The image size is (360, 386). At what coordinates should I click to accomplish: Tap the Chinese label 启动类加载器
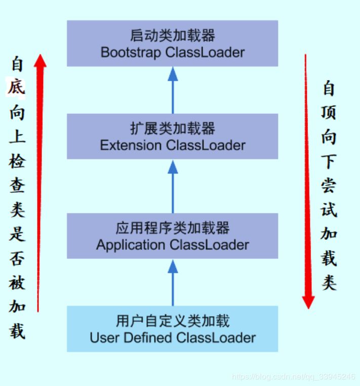(x=173, y=35)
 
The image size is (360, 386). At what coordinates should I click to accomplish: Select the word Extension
(x=131, y=145)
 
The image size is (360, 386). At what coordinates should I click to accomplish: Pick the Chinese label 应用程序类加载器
(x=173, y=228)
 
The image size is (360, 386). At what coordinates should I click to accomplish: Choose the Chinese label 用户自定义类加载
(x=173, y=321)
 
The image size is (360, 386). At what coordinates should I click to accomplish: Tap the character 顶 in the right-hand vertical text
(x=329, y=113)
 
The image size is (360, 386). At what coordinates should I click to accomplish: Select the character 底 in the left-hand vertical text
(x=17, y=89)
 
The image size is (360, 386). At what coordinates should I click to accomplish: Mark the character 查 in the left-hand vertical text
(x=17, y=186)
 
